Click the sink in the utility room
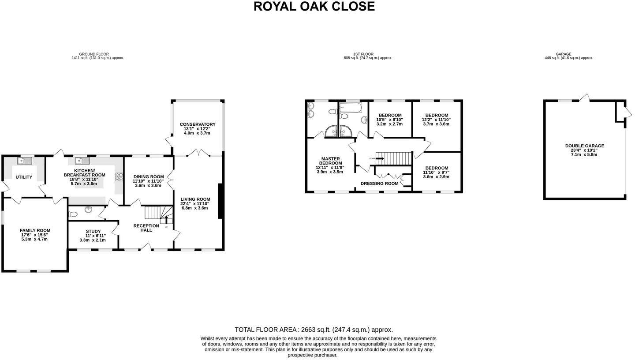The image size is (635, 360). point(24,161)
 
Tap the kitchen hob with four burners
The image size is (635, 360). point(119,176)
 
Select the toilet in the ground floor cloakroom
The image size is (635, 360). point(73,214)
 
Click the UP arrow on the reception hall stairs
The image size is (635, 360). point(166,217)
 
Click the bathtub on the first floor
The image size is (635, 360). point(351,107)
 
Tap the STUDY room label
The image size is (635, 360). point(93,231)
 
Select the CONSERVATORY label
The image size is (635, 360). point(198,124)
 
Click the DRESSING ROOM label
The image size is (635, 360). point(379,184)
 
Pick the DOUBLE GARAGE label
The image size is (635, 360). point(584,146)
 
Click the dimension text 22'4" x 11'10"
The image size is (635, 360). point(194,203)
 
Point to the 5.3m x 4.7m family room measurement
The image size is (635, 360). point(35,239)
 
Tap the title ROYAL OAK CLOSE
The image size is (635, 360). point(314,7)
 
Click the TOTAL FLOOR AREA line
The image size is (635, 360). point(314,330)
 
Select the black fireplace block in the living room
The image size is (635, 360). point(220,201)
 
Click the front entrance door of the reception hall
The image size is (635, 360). point(146,247)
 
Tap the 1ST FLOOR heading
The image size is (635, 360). point(363,54)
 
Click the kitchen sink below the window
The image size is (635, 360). point(82,161)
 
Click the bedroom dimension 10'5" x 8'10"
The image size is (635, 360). point(389,120)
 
